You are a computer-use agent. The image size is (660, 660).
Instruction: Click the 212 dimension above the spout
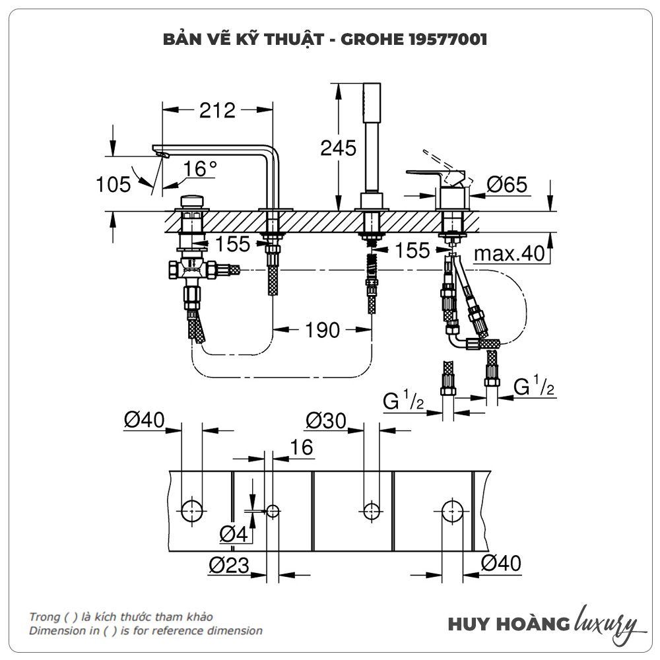217,110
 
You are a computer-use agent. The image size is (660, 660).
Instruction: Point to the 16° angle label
201,169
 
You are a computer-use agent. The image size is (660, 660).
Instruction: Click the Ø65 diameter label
507,185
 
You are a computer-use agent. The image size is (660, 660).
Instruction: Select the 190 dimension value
322,329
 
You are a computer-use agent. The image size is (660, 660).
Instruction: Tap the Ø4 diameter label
234,535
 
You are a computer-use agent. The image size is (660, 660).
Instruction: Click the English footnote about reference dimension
145,630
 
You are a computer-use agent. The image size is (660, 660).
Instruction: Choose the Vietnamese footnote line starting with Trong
121,616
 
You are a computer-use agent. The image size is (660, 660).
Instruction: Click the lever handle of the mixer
436,173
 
